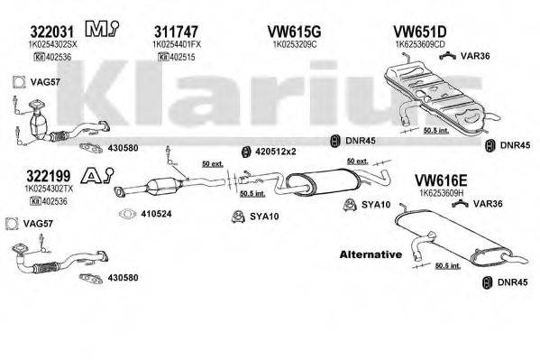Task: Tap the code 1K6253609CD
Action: pyautogui.click(x=421, y=42)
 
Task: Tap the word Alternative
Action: pyautogui.click(x=370, y=254)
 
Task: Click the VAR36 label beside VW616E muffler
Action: pyautogui.click(x=488, y=204)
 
